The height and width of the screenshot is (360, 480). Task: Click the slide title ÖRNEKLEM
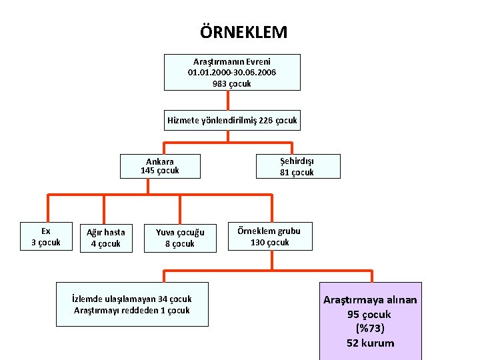[x=243, y=32]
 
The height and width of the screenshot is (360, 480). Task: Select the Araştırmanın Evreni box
[x=232, y=72]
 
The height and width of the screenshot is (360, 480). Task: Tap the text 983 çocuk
[x=232, y=83]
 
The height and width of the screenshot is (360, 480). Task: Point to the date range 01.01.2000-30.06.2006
[x=232, y=72]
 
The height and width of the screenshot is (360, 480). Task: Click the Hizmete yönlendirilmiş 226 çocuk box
[x=232, y=121]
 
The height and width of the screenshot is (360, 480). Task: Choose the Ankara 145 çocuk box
[x=160, y=166]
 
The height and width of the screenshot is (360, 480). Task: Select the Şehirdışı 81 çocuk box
[x=297, y=167]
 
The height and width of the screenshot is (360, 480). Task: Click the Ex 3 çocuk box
[x=46, y=237]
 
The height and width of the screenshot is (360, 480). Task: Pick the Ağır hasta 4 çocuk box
[x=105, y=238]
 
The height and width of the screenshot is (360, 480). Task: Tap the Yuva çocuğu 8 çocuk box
[x=180, y=238]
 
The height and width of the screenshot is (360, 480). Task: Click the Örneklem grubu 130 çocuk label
[x=270, y=237]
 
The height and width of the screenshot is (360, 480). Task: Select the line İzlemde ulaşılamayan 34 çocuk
[x=133, y=299]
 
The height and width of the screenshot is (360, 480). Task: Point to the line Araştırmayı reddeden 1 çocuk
[x=133, y=310]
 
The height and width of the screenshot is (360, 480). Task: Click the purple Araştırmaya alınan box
[x=370, y=321]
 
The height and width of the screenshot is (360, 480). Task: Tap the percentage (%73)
[x=370, y=328]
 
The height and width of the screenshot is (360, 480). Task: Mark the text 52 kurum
[x=370, y=343]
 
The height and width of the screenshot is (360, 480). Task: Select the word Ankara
[x=160, y=161]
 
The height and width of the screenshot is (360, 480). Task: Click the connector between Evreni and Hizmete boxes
[x=229, y=100]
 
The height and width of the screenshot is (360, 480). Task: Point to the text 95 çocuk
[x=370, y=314]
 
